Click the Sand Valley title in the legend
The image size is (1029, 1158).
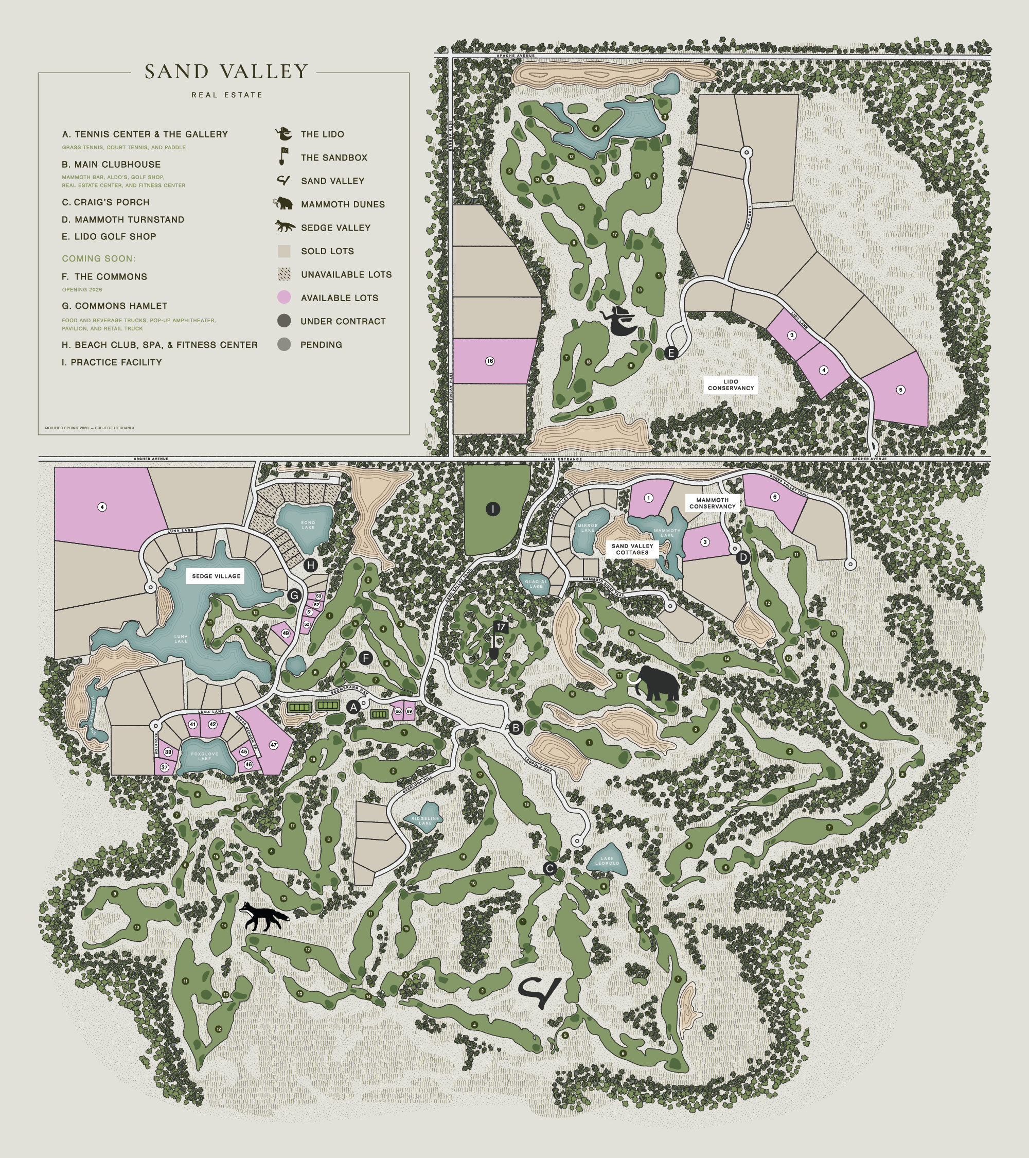coord(226,72)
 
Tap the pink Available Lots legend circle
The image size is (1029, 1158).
coord(283,297)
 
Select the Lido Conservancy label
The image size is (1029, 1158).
coord(731,384)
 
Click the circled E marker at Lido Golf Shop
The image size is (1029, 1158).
coord(671,354)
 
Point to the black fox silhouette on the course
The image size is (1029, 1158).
coord(264,917)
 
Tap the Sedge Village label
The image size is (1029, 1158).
coord(216,576)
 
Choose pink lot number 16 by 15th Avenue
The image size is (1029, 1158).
coord(490,361)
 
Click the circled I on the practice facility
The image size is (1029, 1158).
coord(493,510)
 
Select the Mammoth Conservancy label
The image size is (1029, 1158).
coord(712,503)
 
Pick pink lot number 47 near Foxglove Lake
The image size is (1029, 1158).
coord(274,745)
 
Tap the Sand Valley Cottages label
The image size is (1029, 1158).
coord(632,549)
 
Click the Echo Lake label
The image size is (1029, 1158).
coord(308,524)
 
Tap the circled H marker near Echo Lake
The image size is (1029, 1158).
coord(310,565)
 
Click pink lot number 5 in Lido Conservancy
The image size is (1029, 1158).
coord(900,390)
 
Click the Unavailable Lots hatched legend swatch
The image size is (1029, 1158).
coord(283,274)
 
